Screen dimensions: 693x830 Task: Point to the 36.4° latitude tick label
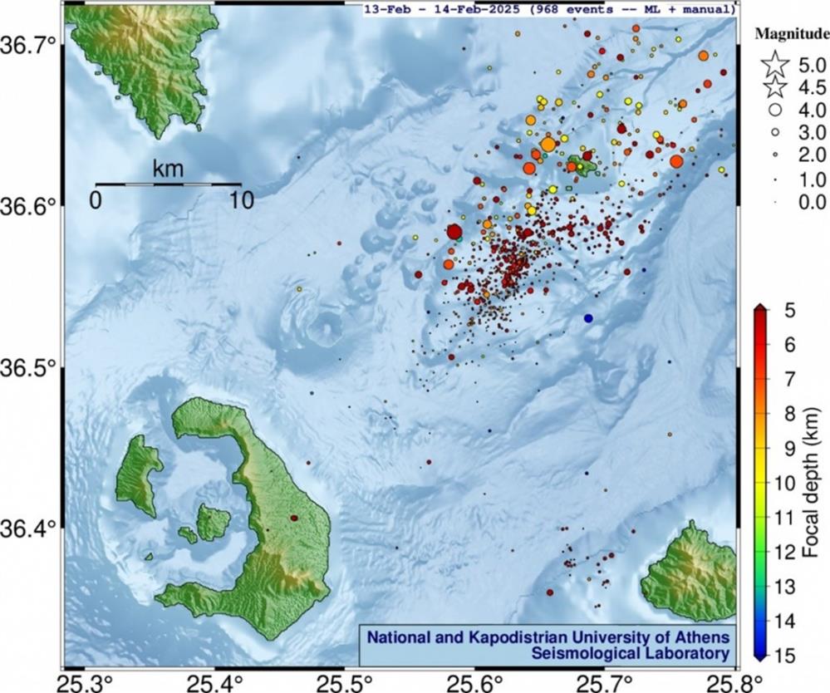tap(31, 528)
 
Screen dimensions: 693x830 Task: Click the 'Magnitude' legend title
tap(792, 34)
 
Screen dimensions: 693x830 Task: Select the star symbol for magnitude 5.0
tap(775, 63)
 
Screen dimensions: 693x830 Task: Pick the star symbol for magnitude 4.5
tap(775, 86)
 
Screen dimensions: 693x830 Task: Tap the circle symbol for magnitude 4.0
tap(775, 109)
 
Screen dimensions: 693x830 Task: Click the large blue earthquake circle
tap(588, 318)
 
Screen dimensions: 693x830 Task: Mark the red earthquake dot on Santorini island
tap(294, 518)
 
